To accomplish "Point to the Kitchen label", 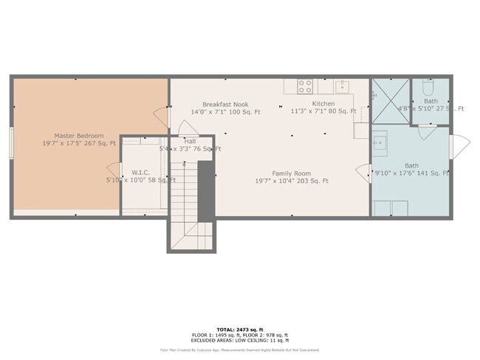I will click(x=323, y=104).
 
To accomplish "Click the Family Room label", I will click(x=292, y=172).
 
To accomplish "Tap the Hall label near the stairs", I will click(x=190, y=141).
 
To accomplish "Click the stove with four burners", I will click(x=305, y=86).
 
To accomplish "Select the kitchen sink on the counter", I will click(x=341, y=86).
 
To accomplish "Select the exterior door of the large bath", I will click(x=459, y=146).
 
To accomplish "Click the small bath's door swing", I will click(x=427, y=132).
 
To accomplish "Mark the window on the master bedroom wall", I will click(x=11, y=142).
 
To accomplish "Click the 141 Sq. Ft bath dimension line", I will click(x=412, y=173).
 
